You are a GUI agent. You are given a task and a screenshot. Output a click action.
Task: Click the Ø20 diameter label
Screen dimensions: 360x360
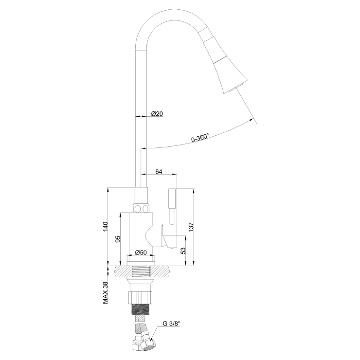point(157,113)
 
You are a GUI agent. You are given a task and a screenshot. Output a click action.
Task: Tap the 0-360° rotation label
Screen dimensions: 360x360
point(200,137)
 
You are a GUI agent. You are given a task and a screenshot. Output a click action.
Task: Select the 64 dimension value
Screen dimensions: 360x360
point(159,172)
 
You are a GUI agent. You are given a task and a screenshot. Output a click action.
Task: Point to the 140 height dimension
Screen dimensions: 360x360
point(105,227)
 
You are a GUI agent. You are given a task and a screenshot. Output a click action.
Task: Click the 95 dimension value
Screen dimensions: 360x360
point(118,239)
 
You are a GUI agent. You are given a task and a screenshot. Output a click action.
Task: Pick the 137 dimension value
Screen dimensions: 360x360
point(191,227)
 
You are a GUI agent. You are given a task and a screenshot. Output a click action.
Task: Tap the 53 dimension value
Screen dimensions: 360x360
point(183,251)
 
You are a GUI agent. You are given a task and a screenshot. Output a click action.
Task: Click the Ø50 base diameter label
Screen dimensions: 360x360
point(141,252)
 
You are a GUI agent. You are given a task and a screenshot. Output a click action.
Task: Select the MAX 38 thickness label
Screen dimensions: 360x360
point(106,292)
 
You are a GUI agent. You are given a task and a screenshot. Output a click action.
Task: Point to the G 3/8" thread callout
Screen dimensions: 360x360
point(172,324)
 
